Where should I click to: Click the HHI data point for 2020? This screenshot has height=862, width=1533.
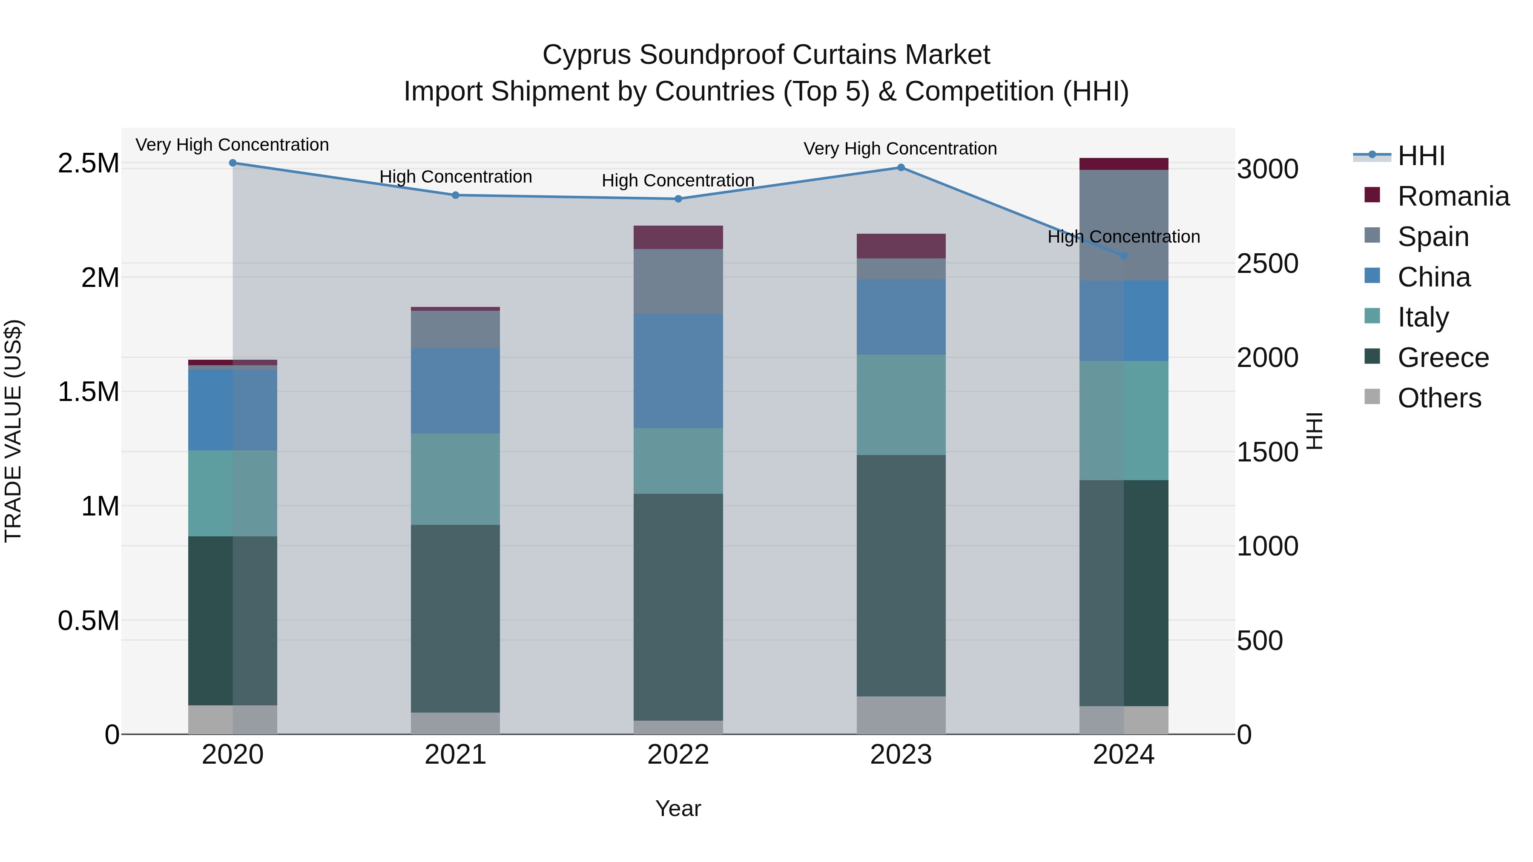tap(233, 163)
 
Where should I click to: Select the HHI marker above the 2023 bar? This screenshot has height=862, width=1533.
tap(901, 168)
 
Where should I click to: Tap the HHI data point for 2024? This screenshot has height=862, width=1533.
tap(1124, 256)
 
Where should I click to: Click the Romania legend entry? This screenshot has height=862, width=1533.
tap(1453, 196)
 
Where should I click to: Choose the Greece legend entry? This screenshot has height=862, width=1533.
tap(1443, 358)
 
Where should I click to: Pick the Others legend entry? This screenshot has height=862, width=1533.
tap(1439, 398)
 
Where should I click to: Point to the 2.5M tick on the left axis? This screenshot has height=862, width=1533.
tap(88, 163)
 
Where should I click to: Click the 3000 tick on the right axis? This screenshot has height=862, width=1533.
tap(1268, 169)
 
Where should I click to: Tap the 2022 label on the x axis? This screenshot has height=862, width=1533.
tap(678, 755)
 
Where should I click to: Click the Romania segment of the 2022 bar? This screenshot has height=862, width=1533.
tap(678, 238)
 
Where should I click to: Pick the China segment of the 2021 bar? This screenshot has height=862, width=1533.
tap(455, 390)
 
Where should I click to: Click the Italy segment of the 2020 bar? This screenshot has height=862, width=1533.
tap(233, 493)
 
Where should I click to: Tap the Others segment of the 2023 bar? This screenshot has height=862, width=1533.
tap(901, 715)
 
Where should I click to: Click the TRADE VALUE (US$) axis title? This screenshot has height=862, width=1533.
tap(13, 431)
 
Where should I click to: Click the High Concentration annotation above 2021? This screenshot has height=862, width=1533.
tap(455, 177)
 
